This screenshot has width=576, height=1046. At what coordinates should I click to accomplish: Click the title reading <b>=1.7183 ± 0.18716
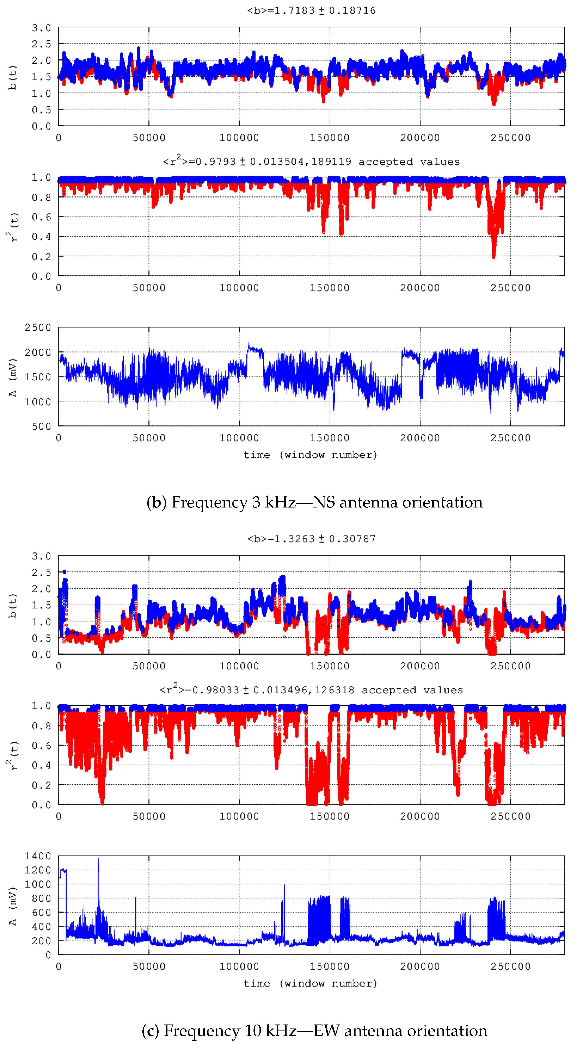coord(311,11)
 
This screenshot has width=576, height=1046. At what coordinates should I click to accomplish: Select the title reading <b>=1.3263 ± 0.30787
coord(311,539)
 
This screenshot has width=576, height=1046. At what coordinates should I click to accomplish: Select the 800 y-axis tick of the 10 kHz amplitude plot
coord(41,898)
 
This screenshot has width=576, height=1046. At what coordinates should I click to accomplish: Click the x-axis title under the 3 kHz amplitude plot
coord(311,455)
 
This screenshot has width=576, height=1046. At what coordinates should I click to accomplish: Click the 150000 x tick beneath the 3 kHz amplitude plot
coord(329,438)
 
